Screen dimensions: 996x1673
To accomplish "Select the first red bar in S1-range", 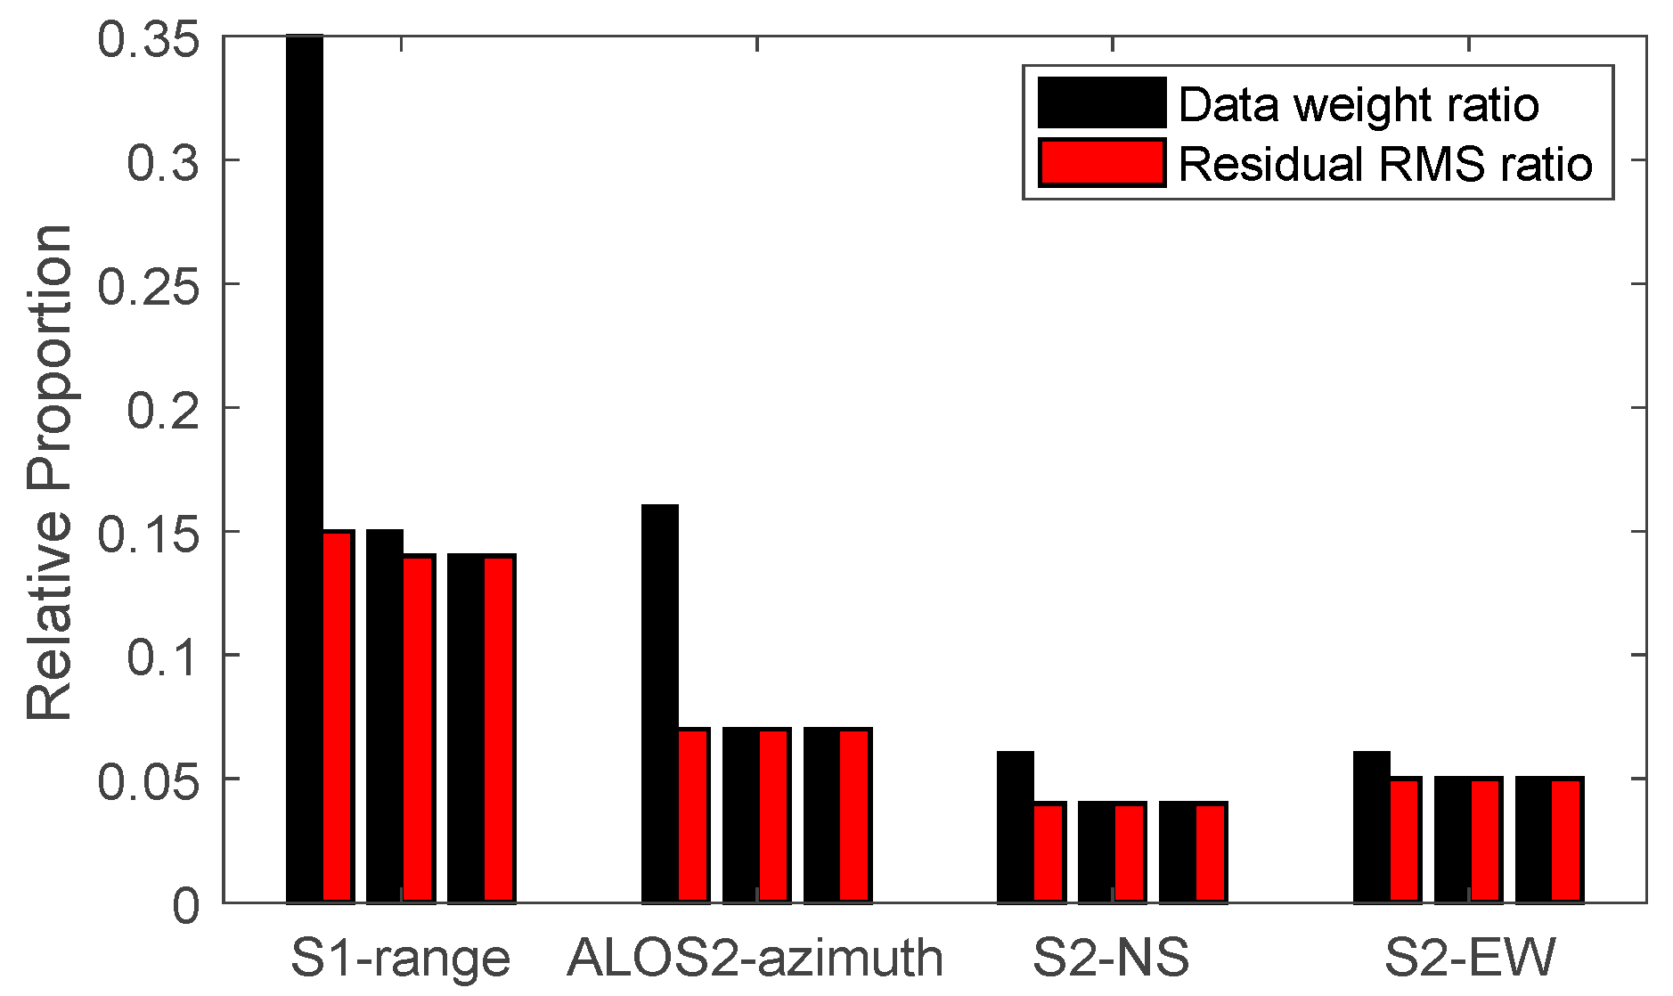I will (339, 717).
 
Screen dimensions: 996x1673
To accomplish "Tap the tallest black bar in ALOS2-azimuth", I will (660, 704).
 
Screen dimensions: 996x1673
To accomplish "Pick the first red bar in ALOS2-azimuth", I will (694, 816).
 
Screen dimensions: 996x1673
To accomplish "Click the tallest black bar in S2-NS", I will (1016, 827).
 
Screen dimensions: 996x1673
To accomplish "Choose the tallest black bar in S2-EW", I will (1372, 827).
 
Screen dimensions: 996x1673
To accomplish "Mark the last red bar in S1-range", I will (499, 729).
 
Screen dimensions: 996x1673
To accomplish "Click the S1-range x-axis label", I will (401, 959).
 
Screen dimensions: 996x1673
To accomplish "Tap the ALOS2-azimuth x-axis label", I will (755, 959).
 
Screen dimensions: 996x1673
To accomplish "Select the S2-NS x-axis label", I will (1111, 959).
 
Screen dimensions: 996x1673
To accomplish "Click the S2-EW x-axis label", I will (1469, 959).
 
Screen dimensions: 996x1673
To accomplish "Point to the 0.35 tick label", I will (148, 39).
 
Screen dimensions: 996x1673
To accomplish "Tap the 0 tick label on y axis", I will (186, 905).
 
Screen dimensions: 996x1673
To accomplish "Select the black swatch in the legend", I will (1102, 102).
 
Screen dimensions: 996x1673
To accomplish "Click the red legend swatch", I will (1102, 163).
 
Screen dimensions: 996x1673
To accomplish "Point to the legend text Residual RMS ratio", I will (1385, 165).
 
